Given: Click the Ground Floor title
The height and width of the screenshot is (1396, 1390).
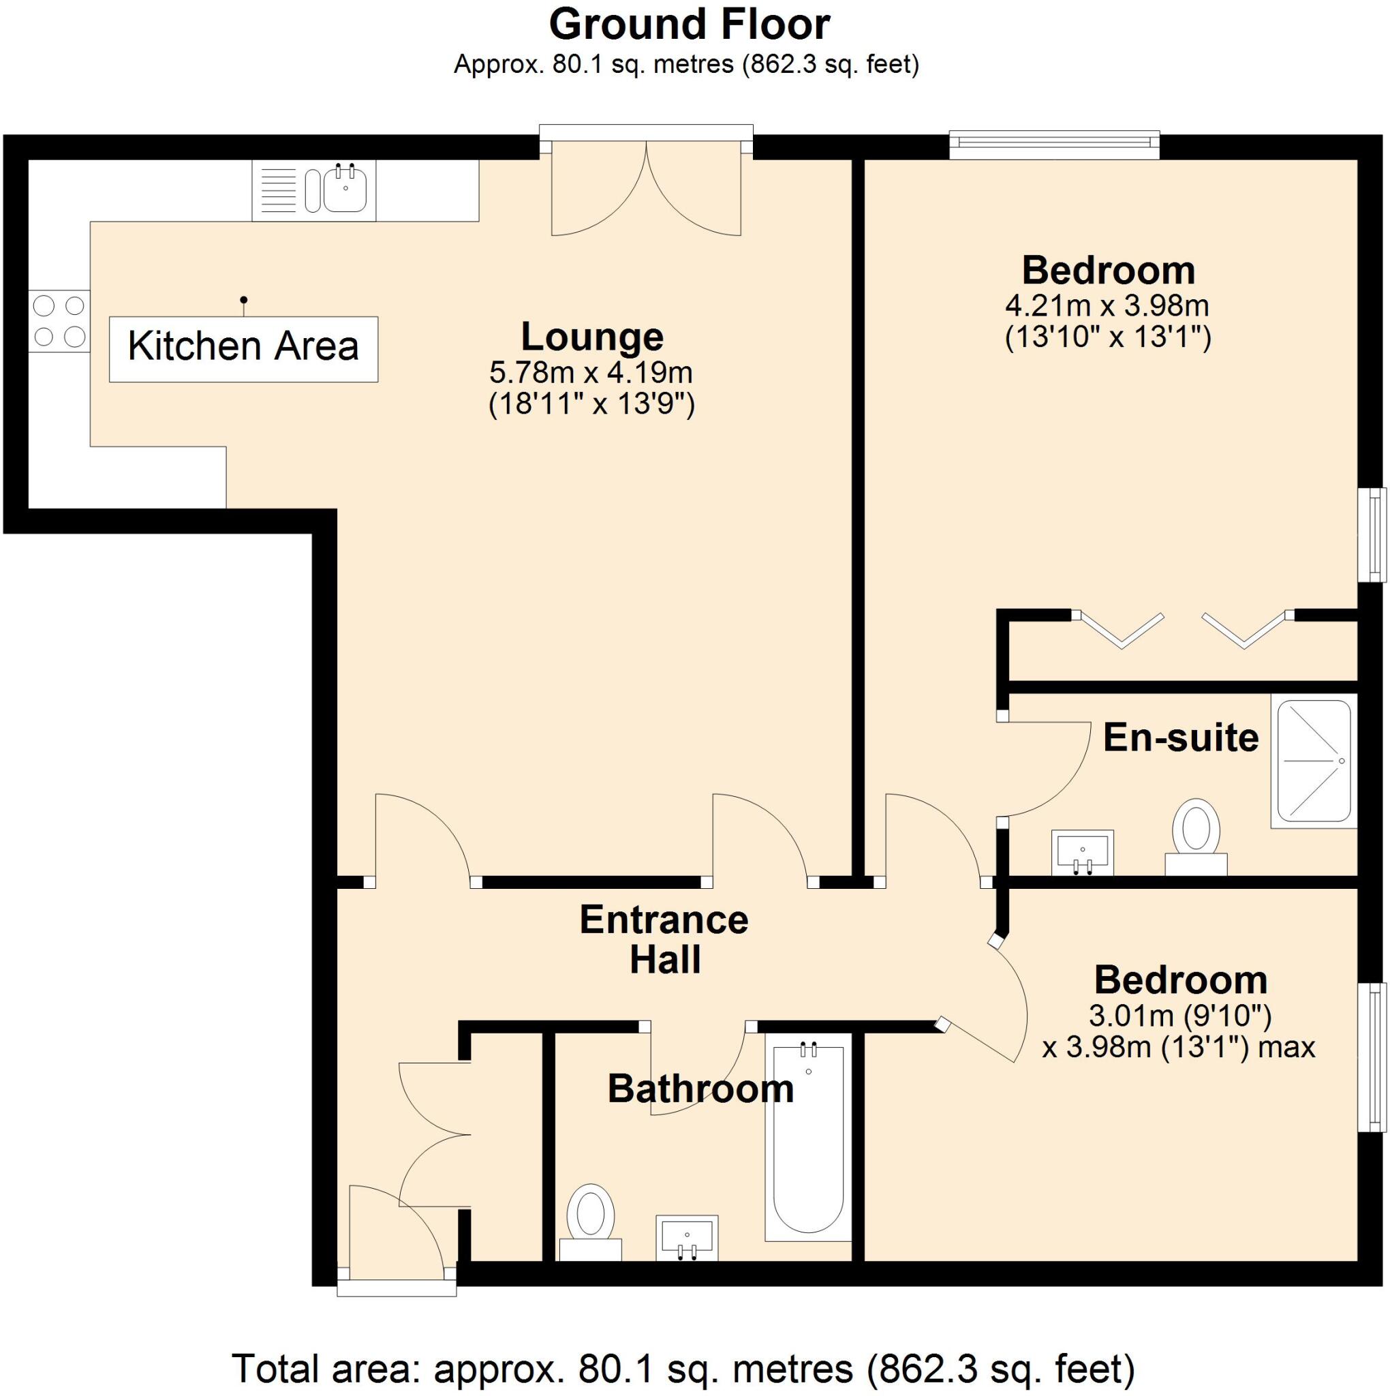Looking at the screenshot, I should click(690, 25).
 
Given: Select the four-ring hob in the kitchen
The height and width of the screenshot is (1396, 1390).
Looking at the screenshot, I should click(59, 321).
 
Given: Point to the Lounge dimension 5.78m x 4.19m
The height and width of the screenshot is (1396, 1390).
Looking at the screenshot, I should click(591, 373).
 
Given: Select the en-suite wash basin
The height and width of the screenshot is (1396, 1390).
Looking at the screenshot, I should click(1081, 852).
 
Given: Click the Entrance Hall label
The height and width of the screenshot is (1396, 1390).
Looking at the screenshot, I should click(664, 940).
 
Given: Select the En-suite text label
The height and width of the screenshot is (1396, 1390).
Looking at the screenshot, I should click(1181, 738).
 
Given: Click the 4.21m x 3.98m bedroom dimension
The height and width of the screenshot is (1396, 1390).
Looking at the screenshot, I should click(1107, 306).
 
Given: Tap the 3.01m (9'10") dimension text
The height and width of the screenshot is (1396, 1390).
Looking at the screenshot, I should click(1179, 1016).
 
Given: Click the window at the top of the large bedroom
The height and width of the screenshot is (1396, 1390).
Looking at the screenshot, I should click(1054, 144).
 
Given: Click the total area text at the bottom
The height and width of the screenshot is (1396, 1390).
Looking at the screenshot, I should click(683, 1368).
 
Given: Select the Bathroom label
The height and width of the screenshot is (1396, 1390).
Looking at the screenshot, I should click(700, 1089).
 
